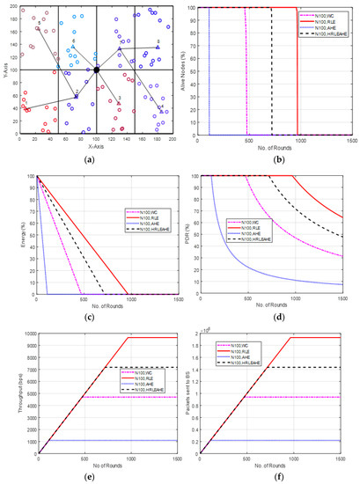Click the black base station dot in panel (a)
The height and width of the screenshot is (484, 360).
click(x=97, y=69)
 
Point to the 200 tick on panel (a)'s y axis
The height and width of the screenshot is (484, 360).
click(x=15, y=7)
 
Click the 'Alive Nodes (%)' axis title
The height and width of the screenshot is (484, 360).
click(x=187, y=70)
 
